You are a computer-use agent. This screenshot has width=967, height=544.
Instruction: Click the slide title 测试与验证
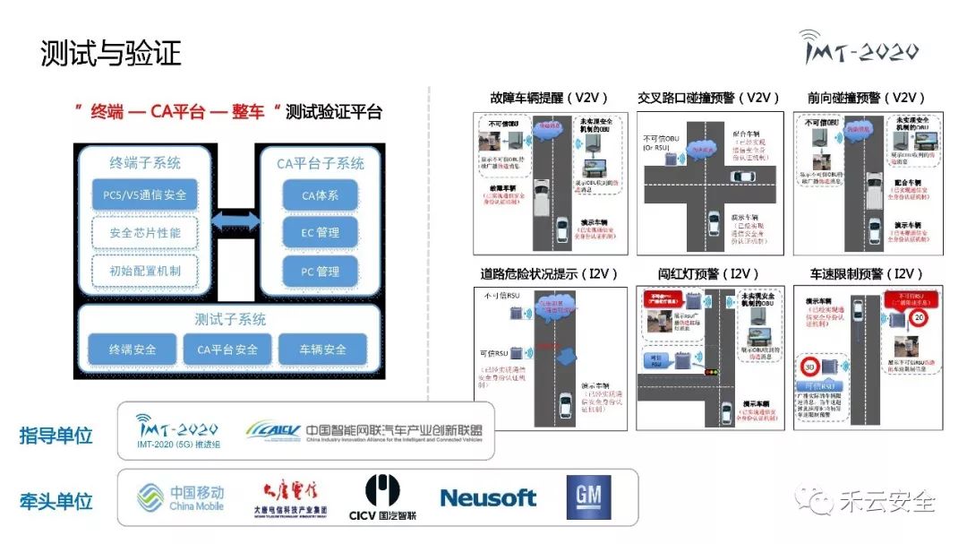point(111,54)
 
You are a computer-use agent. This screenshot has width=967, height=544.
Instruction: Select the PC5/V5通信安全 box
point(144,194)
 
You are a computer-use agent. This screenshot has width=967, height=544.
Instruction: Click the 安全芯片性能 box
point(144,232)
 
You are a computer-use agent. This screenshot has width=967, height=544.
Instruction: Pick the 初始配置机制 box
point(144,270)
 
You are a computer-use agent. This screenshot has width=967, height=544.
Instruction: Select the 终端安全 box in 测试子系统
point(133,349)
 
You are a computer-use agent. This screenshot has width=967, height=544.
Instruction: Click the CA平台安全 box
point(227,349)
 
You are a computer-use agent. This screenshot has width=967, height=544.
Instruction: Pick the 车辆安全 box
point(322,349)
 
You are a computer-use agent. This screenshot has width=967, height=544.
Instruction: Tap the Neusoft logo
point(488,498)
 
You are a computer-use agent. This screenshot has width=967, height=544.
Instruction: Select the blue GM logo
point(588,497)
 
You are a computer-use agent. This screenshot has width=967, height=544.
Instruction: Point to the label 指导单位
point(56,436)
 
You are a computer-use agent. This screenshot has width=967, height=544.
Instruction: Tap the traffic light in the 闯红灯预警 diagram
point(713,370)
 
